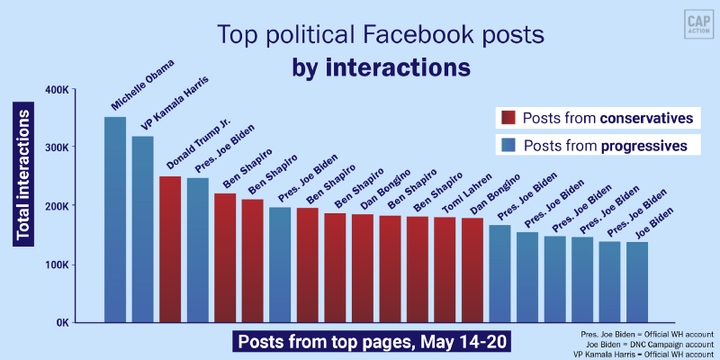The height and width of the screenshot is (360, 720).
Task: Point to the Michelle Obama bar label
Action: pos(143,85)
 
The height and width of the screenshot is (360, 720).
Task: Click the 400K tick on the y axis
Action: pos(56,89)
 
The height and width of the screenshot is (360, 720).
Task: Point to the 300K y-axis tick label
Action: pos(56,148)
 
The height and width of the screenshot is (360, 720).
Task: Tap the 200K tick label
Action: pos(56,206)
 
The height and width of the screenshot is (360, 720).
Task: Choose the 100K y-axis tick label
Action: pos(56,265)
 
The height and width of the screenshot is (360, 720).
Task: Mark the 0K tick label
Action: pos(59,322)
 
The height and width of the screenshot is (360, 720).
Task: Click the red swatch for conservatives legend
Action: pos(507,118)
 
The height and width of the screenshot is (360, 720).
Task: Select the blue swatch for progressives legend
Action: pos(507,145)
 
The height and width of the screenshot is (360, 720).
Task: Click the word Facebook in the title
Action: pos(403,37)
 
